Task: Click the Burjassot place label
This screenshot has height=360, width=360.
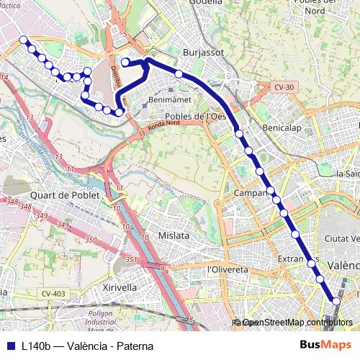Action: click(204, 53)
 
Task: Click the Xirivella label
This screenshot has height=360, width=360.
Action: click(120, 287)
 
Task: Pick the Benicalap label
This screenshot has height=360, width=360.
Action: click(279, 127)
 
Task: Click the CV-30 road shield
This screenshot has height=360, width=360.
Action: click(284, 87)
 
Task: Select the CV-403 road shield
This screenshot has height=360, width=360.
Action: click(53, 293)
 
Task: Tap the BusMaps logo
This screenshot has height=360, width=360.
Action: click(326, 346)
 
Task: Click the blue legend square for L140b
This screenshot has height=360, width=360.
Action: click(10, 346)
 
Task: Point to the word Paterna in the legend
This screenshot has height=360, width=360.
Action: click(132, 346)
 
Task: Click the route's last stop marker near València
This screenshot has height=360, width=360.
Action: click(336, 301)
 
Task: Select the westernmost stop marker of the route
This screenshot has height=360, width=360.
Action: click(24, 40)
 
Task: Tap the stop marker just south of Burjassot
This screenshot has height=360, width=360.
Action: click(179, 73)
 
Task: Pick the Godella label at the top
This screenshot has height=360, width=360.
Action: click(206, 3)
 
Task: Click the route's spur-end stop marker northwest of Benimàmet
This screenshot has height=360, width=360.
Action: click(125, 63)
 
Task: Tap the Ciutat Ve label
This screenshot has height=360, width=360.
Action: click(341, 238)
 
